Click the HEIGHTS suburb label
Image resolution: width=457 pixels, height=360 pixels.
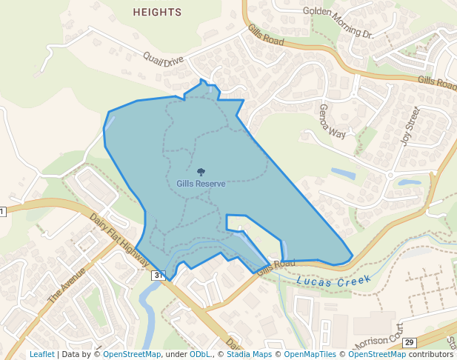(157, 13)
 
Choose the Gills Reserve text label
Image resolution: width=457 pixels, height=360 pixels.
(201, 184)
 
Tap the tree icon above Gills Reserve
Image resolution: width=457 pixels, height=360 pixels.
(201, 172)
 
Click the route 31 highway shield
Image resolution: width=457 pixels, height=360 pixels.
(158, 276)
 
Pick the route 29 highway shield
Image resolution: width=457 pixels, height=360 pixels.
(410, 342)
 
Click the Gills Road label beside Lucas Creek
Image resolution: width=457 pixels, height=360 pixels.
(276, 266)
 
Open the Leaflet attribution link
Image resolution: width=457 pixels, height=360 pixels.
(41, 354)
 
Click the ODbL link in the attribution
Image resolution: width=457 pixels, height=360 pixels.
(201, 354)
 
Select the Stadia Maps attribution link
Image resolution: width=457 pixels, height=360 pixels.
(248, 354)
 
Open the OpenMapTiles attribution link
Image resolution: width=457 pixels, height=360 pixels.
(309, 354)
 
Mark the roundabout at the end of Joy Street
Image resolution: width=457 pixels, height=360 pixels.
(390, 175)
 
